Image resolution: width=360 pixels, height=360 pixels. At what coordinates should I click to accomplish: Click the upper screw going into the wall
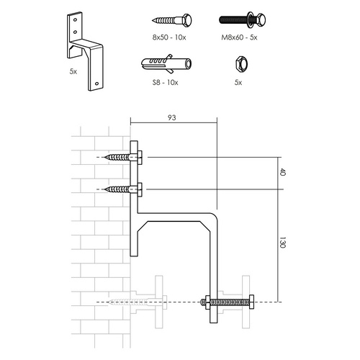click(119, 157)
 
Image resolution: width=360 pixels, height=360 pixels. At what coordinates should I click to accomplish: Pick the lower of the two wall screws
click(119, 189)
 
